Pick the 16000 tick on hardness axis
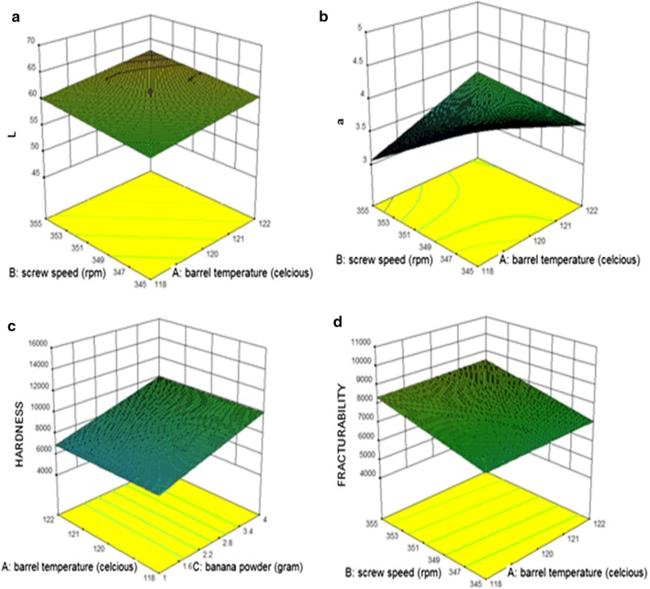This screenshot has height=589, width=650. (x=35, y=345)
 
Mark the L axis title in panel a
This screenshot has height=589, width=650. (x=12, y=134)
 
